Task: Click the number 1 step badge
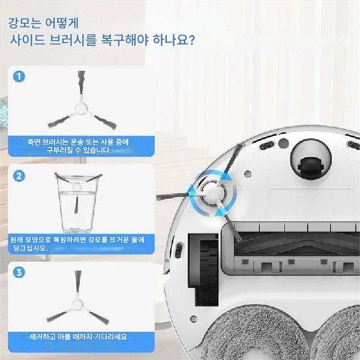click(19, 76)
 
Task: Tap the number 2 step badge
click(19, 176)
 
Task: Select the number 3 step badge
click(19, 272)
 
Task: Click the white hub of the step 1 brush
click(81, 109)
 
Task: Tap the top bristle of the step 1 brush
click(81, 83)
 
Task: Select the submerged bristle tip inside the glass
click(76, 205)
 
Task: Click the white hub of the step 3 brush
click(77, 305)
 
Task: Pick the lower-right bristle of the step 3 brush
click(99, 318)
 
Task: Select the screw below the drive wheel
click(194, 319)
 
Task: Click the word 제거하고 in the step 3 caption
click(41, 337)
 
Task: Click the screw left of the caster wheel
click(248, 174)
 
